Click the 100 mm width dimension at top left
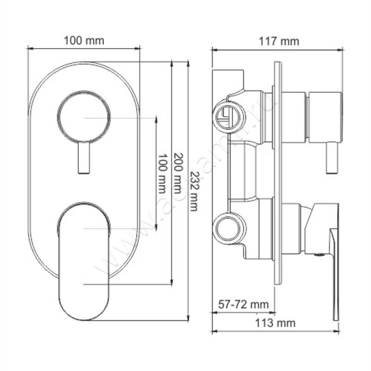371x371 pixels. pos(84,40)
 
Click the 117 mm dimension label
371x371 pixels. pos(278,41)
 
